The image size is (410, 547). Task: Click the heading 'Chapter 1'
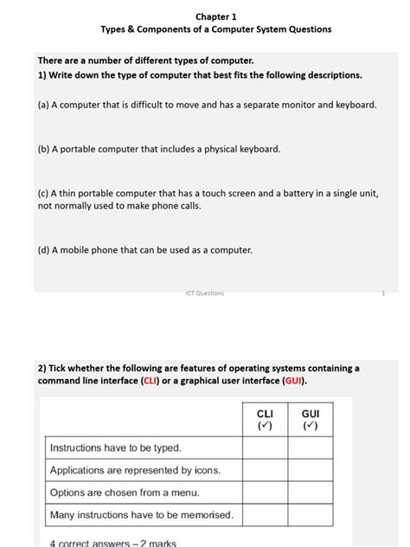[215, 16]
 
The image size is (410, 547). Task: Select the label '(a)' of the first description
[43, 105]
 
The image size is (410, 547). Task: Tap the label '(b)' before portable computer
[43, 149]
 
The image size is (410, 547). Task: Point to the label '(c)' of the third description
[43, 194]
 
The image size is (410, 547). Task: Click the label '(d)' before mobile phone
[43, 250]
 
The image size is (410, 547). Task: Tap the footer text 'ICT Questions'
[204, 293]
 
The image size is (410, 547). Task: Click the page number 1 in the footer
[382, 293]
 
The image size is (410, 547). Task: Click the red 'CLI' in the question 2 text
[150, 381]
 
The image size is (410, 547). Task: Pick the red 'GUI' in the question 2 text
[292, 381]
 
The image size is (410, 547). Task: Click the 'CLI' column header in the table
[265, 415]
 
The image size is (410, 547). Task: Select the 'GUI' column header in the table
[311, 415]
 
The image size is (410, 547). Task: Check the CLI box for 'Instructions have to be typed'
[265, 447]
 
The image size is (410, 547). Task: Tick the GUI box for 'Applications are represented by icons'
[311, 470]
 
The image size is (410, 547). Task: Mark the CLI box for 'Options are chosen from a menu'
[265, 492]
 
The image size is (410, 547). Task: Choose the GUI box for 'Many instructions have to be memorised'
[311, 515]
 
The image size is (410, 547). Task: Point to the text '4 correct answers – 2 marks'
[112, 543]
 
